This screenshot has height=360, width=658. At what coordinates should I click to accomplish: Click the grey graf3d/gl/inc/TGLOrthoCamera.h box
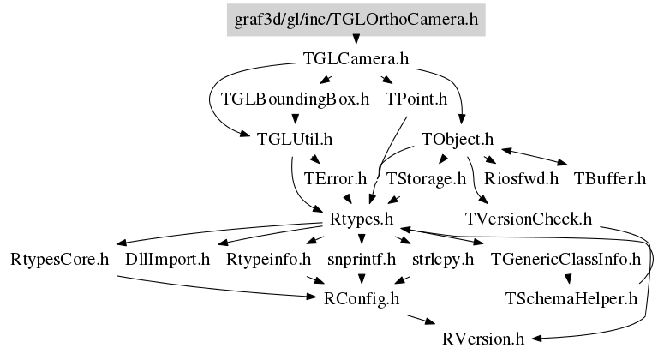click(x=356, y=19)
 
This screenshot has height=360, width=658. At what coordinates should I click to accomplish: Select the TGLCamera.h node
click(x=356, y=59)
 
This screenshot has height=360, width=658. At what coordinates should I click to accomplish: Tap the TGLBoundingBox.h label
click(x=295, y=99)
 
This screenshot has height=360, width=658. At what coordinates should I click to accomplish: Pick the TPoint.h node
click(x=416, y=99)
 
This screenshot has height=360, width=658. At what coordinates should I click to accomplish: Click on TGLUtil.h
click(x=295, y=139)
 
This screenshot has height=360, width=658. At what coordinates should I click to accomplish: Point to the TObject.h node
click(x=458, y=139)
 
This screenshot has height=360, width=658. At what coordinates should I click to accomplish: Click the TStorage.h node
click(x=425, y=179)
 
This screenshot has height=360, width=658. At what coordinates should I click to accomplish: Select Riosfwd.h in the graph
click(x=521, y=179)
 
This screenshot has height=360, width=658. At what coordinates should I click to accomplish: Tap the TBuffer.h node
click(x=609, y=179)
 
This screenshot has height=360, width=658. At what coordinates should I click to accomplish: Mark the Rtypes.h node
click(x=362, y=219)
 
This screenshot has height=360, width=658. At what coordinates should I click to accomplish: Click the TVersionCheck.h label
click(x=528, y=219)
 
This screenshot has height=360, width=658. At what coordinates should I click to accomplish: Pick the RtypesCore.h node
click(x=60, y=259)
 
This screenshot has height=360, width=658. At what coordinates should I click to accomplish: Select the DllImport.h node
click(x=167, y=259)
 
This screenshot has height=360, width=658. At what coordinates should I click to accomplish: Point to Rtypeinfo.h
click(x=266, y=259)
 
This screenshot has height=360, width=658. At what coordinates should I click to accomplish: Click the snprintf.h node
click(x=361, y=259)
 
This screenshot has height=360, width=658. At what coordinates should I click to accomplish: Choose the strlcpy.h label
click(x=442, y=259)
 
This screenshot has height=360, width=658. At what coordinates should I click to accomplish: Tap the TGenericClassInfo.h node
click(x=565, y=259)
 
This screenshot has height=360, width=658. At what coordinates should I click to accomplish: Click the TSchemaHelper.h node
click(x=571, y=298)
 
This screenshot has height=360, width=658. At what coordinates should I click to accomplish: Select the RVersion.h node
click(x=482, y=339)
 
